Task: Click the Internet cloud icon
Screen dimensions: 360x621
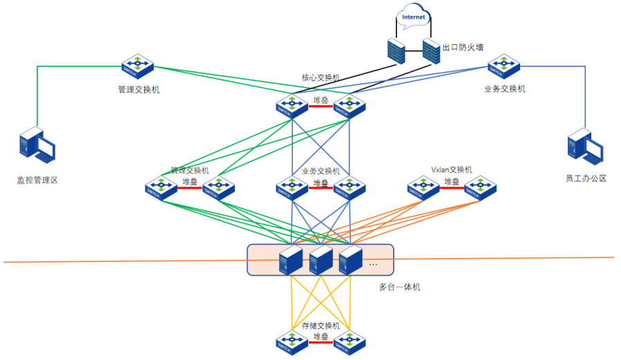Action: (x=414, y=17)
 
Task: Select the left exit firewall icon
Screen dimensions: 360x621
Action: (x=397, y=50)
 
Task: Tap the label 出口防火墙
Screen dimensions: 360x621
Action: (x=463, y=48)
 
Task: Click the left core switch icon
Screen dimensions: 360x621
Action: (x=292, y=106)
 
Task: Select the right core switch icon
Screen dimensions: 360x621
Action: (x=350, y=106)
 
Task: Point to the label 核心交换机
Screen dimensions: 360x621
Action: (x=321, y=78)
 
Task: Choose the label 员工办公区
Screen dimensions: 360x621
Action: (x=585, y=178)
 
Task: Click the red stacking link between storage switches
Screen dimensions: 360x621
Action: (x=321, y=343)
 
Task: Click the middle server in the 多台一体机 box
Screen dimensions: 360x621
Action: (x=321, y=260)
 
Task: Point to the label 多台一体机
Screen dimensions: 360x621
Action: (x=399, y=286)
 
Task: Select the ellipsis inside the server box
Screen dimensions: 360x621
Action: (x=374, y=264)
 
